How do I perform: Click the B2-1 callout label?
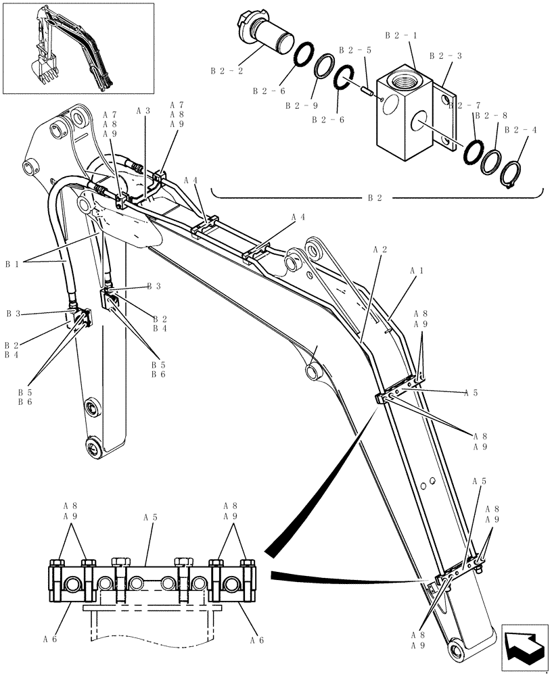point(398,34)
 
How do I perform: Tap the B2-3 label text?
point(445,56)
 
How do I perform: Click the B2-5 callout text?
point(354,50)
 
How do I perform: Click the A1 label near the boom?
point(417,270)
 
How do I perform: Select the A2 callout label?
point(379,249)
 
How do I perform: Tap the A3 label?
point(143,110)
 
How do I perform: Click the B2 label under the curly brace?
point(375,198)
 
